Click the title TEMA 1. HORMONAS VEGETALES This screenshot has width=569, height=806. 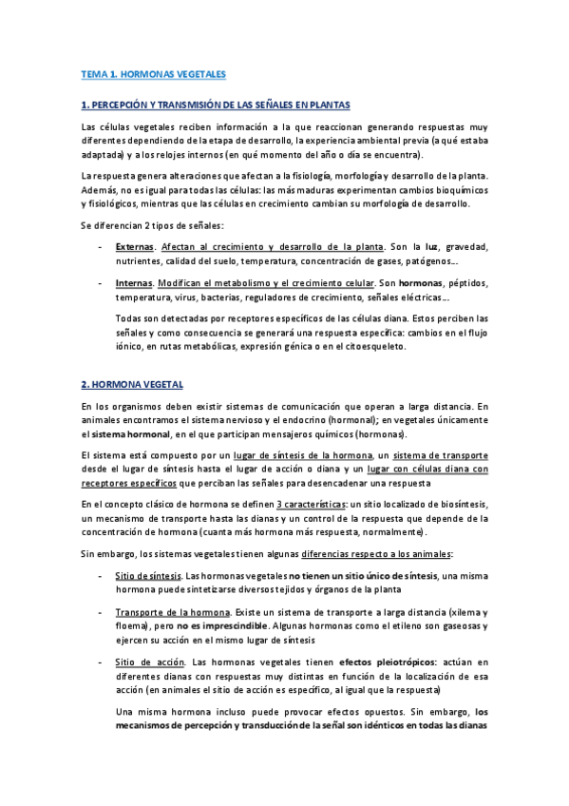point(153,73)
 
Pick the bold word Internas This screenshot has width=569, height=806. point(134,283)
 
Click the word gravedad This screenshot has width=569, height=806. point(465,247)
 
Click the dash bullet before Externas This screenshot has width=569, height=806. point(102,247)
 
